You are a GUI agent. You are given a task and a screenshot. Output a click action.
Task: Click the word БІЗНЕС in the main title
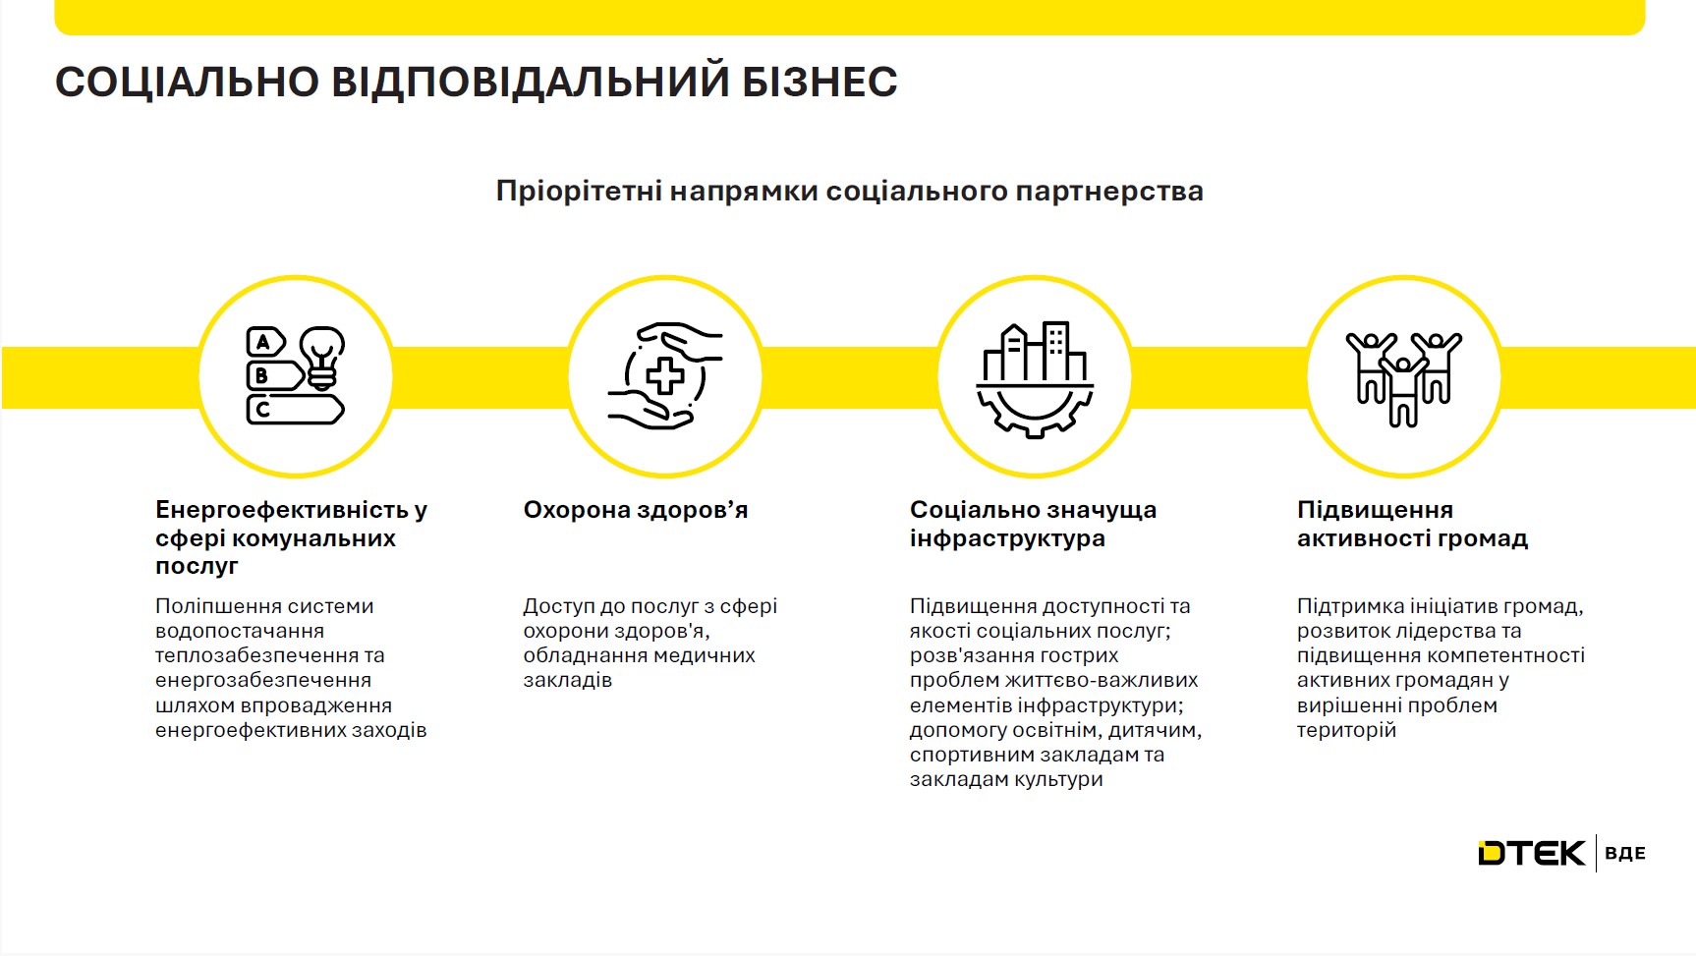(x=820, y=82)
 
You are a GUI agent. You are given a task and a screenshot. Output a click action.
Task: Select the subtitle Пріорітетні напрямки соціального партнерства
(x=849, y=191)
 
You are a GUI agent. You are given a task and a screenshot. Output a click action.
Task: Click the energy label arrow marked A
(x=264, y=342)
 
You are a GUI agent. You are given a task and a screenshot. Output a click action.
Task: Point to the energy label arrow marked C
(x=294, y=409)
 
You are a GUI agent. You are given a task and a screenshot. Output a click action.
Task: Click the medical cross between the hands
(x=665, y=375)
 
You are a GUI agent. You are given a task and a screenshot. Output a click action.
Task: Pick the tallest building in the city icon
(x=1056, y=349)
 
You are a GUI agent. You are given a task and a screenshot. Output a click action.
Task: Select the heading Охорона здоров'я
(x=636, y=510)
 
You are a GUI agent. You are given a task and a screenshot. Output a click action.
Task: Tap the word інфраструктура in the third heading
(x=1007, y=538)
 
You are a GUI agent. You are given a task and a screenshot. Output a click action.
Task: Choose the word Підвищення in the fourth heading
(x=1375, y=510)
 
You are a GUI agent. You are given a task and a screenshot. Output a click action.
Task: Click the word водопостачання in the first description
(x=240, y=631)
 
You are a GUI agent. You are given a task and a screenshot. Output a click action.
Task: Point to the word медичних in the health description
(x=708, y=655)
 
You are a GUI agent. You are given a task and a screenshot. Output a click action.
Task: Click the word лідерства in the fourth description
(x=1447, y=631)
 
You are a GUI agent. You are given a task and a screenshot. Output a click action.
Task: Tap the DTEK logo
(x=1531, y=853)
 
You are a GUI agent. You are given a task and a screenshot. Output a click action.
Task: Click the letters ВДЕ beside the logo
(x=1624, y=853)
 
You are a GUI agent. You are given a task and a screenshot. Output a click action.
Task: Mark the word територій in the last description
(x=1346, y=730)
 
